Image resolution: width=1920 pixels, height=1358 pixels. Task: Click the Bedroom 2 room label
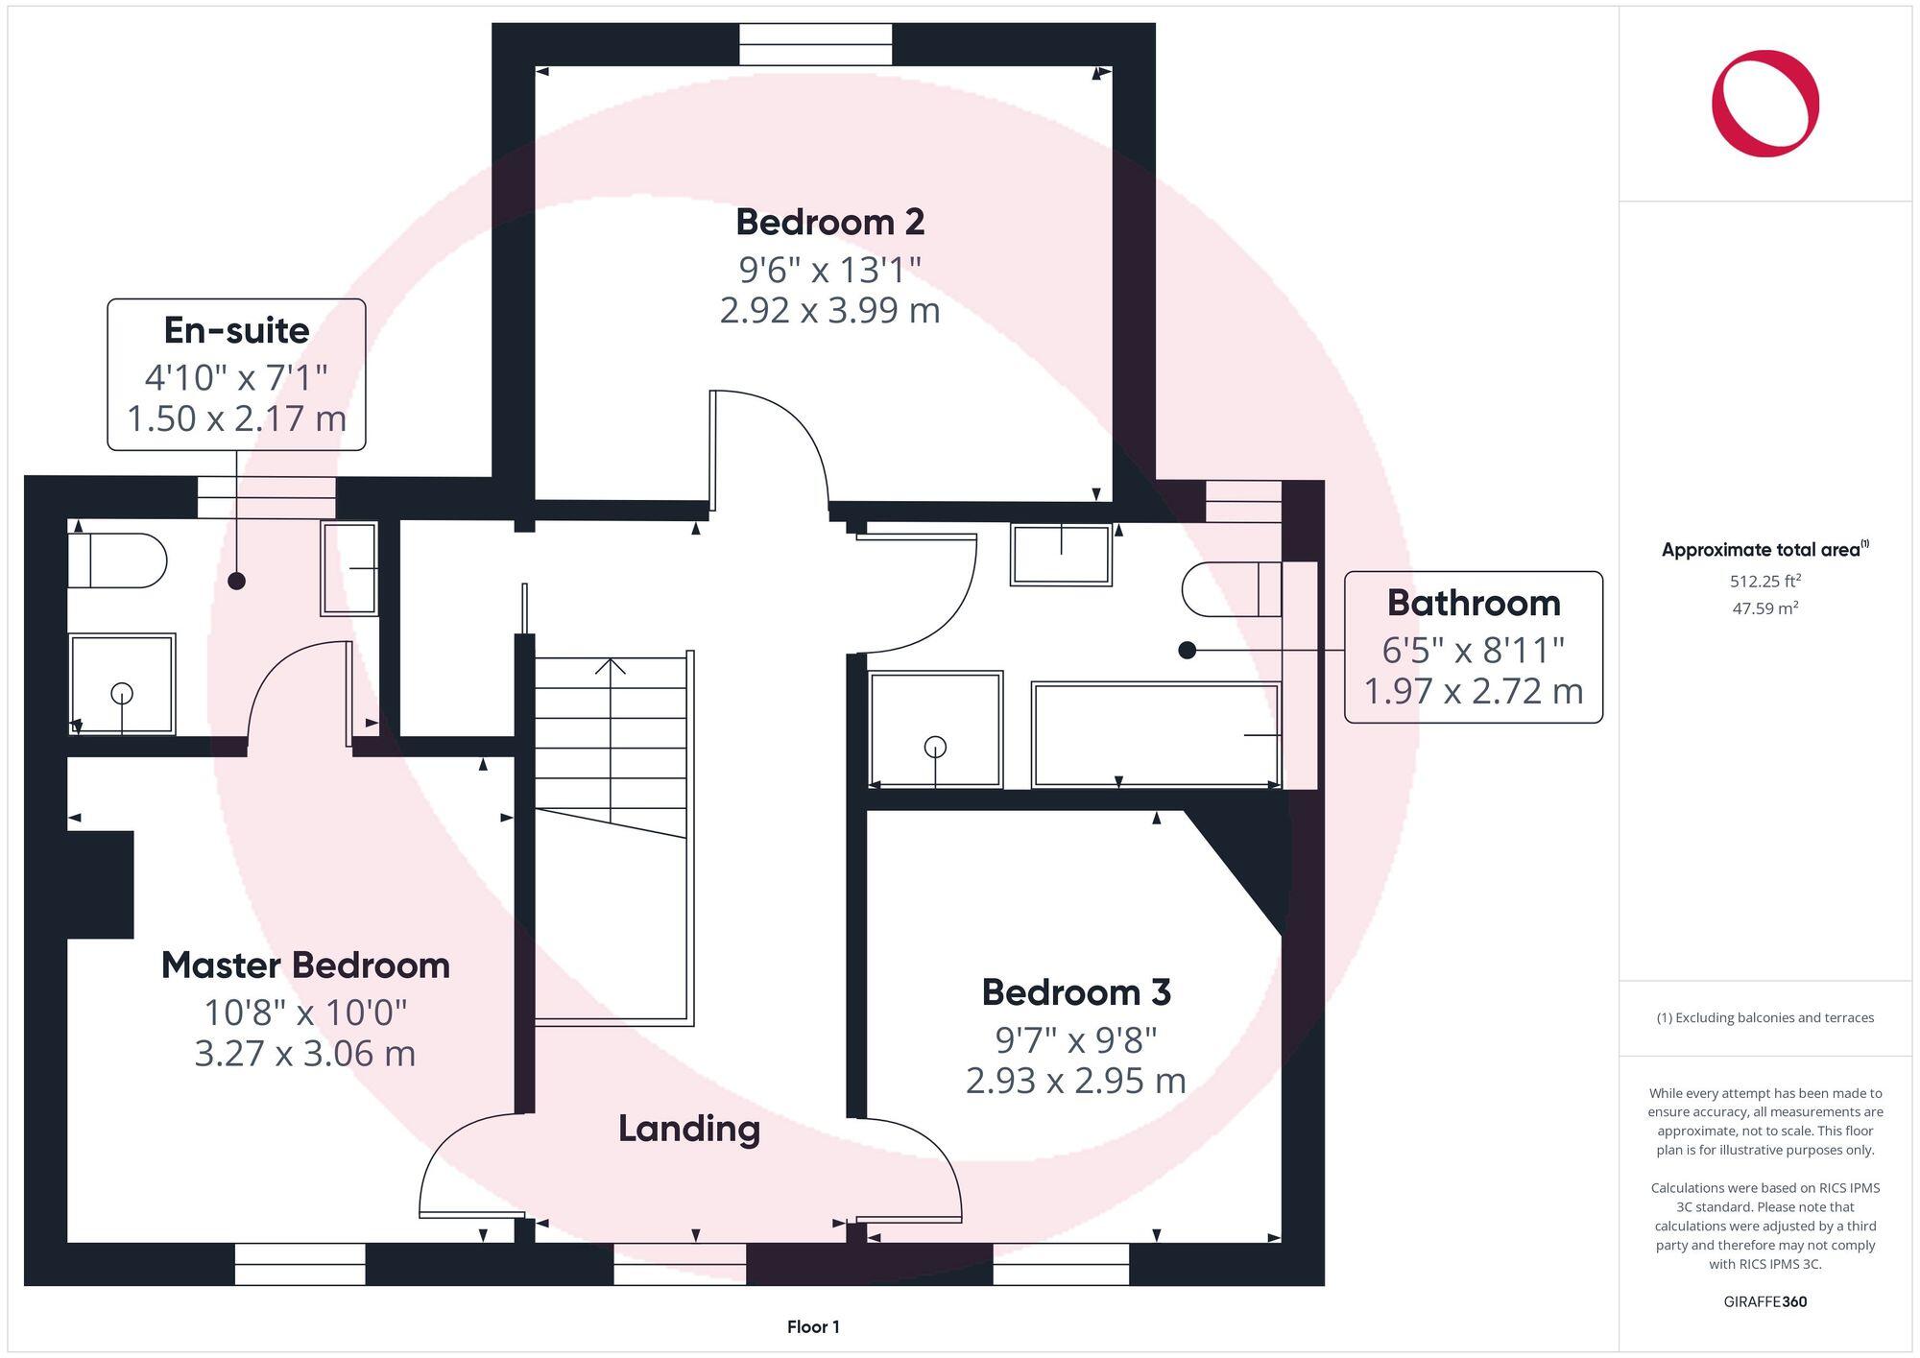829,222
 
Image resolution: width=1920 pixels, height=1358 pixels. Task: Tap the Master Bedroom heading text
305,965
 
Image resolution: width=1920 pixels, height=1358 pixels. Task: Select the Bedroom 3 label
1075,992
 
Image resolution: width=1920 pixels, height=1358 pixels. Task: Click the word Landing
688,1129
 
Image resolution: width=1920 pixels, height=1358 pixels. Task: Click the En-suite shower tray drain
122,692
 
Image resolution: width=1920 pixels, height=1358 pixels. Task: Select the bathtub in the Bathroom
1155,734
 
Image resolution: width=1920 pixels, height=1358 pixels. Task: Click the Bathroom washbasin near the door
1060,554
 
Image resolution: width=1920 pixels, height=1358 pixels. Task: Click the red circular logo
1764,104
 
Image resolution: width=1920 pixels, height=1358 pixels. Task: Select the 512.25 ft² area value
1764,581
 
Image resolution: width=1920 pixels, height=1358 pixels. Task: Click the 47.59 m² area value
1764,608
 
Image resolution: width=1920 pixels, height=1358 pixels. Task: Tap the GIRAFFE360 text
1764,1301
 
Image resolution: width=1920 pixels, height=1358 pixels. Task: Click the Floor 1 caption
813,1327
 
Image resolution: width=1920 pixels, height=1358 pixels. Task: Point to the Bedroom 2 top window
815,45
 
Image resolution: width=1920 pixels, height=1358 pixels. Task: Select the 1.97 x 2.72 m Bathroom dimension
1473,691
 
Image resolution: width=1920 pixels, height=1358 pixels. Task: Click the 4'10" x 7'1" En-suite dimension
236,377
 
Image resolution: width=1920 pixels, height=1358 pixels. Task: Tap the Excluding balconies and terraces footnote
1764,1018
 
